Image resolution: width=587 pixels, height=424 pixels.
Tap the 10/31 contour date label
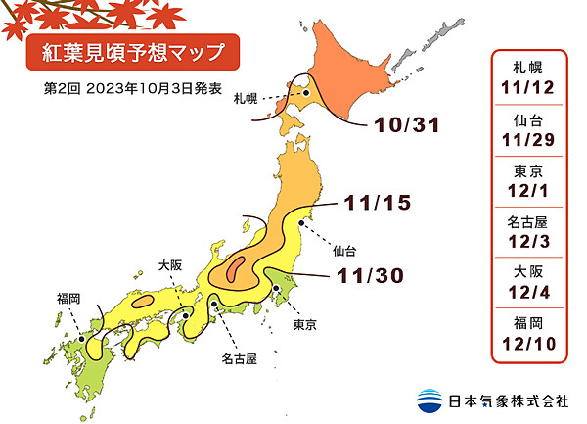pos(402,126)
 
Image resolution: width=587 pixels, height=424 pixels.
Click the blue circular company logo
pos(429,400)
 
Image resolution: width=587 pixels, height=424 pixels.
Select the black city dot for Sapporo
pos(305,94)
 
